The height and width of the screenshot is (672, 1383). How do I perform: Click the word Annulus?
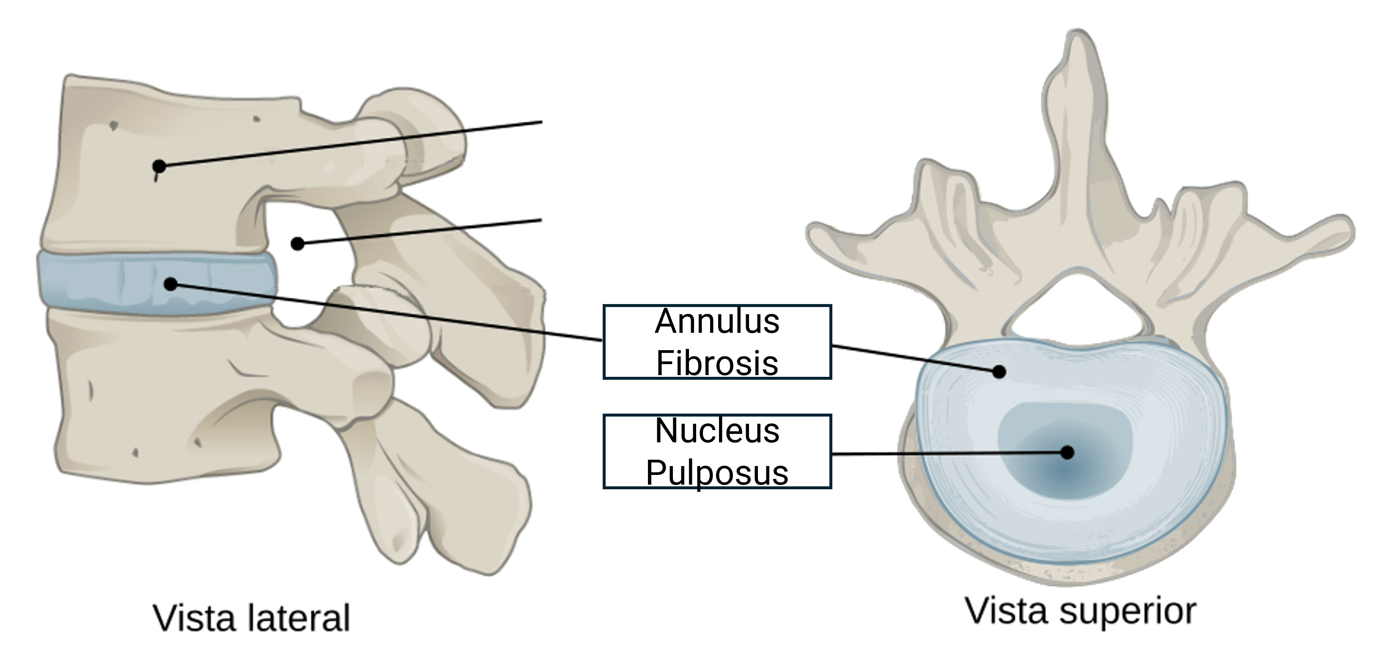point(717,322)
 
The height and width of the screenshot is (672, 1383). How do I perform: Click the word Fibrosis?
point(717,362)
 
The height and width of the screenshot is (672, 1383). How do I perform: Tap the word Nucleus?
point(717,431)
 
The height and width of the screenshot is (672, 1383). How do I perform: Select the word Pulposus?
point(717,472)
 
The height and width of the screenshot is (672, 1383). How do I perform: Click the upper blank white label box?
point(670,119)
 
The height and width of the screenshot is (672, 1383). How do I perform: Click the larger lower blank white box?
point(670,209)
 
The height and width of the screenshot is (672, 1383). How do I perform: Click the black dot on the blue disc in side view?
point(171,284)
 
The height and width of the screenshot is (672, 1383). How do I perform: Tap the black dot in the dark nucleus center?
point(1067,453)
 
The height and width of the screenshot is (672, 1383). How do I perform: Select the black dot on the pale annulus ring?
point(999,371)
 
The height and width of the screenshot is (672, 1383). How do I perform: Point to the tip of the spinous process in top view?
point(1076,40)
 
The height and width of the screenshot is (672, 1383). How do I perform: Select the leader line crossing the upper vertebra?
point(311,148)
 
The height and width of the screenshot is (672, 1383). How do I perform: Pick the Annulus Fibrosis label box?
point(717,342)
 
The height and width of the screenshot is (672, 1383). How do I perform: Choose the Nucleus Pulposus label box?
point(717,451)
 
